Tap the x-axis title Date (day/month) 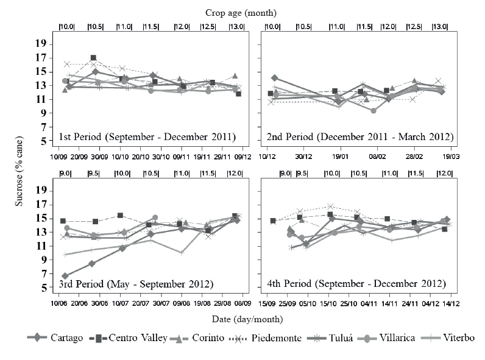(x=255, y=318)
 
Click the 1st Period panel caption (x=147, y=136)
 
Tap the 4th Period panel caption (x=356, y=284)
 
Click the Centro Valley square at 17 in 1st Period (x=93, y=58)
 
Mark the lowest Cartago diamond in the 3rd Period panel (x=65, y=276)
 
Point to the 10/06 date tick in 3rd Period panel (x=58, y=303)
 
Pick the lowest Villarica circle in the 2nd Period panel (x=373, y=110)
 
